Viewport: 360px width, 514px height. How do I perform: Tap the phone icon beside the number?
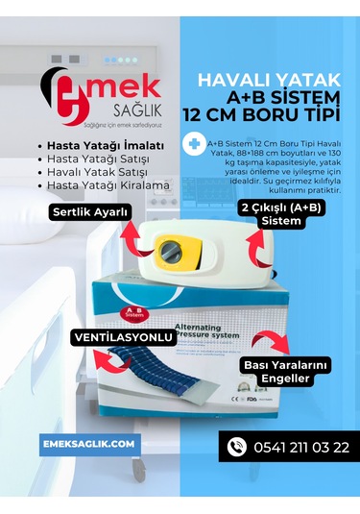(235, 446)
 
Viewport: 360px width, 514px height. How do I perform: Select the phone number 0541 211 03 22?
(301, 447)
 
